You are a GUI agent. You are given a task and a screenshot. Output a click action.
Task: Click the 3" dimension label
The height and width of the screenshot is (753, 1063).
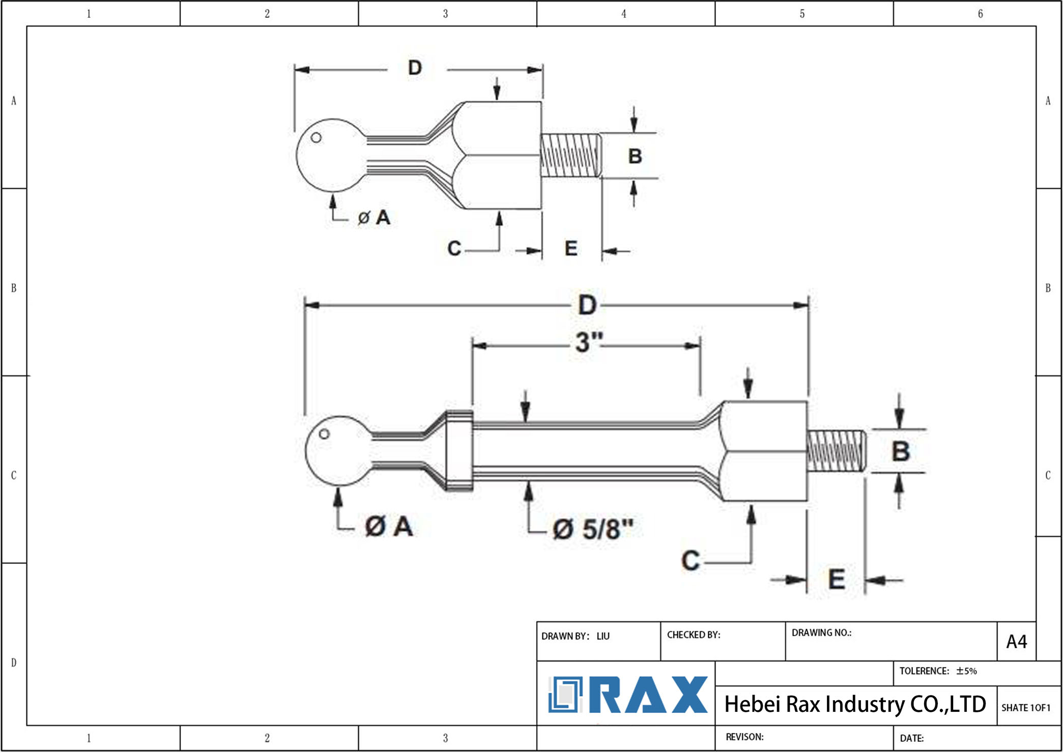(x=589, y=342)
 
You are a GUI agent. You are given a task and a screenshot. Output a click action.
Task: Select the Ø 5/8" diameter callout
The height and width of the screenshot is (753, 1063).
(x=593, y=529)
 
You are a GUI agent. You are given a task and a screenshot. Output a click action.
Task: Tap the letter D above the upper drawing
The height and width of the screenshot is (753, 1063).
(x=415, y=68)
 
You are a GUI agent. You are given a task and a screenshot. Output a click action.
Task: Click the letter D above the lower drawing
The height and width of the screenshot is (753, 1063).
(x=587, y=305)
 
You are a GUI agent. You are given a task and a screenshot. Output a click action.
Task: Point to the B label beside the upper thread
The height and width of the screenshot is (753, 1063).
(x=635, y=156)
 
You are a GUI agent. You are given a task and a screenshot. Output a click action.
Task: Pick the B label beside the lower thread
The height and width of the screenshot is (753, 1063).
(x=900, y=451)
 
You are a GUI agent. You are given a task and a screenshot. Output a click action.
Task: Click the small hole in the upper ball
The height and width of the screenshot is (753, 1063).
(x=316, y=137)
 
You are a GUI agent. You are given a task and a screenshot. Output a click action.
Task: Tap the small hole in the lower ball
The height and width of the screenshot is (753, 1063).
(x=324, y=434)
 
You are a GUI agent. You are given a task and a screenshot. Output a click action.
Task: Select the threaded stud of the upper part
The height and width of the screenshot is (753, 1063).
(x=570, y=155)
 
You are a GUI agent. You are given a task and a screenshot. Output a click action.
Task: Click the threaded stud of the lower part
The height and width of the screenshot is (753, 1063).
(x=836, y=451)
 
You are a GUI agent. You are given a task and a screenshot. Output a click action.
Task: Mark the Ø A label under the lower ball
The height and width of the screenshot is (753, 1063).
(x=389, y=526)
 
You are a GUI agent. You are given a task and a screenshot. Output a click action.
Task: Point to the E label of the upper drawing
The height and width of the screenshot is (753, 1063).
(x=571, y=249)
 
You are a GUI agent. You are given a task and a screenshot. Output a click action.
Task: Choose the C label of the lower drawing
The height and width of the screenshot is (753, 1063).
(x=690, y=560)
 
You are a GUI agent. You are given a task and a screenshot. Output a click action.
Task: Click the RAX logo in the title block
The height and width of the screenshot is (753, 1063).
(x=628, y=694)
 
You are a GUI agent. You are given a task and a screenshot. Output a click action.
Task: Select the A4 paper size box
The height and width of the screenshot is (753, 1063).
(x=1016, y=642)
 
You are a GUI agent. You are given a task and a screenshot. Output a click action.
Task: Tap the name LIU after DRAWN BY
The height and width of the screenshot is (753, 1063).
(x=603, y=636)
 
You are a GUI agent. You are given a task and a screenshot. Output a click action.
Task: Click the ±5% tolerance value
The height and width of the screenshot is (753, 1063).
(x=966, y=671)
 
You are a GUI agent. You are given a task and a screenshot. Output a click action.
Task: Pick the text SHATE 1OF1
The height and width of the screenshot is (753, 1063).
(x=1025, y=708)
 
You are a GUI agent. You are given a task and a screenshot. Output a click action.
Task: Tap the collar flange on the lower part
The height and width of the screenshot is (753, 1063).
(x=459, y=451)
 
